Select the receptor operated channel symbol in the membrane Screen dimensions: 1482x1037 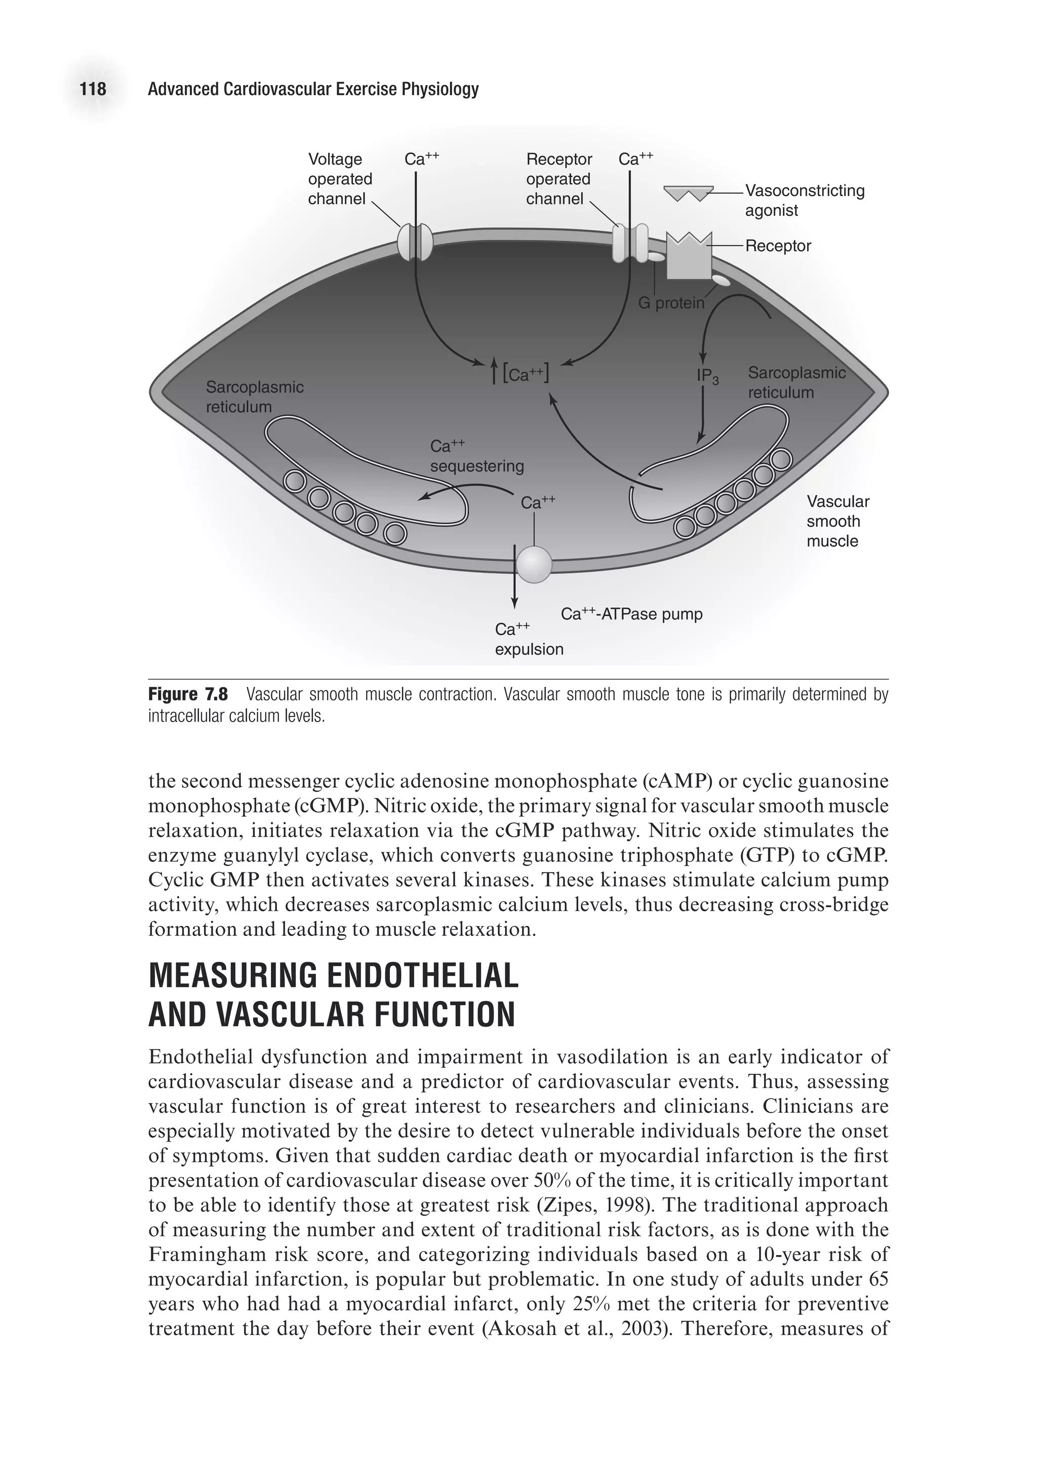pos(629,242)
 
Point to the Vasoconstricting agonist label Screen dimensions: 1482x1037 pos(804,200)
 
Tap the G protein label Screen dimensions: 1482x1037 pos(671,303)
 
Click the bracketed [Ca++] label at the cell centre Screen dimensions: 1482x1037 pos(526,374)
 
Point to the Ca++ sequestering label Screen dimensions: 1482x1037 pos(476,456)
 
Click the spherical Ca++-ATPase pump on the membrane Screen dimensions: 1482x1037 pos(534,564)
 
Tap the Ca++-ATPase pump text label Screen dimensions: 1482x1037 pos(631,614)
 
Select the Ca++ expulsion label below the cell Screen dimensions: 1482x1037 pos(529,639)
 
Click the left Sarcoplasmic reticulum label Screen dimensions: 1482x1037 pos(254,396)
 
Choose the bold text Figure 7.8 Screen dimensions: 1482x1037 pos(188,694)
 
